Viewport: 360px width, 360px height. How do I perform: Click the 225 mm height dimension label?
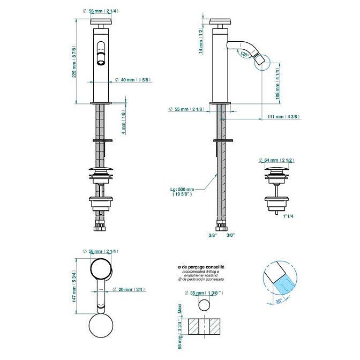tap(74, 62)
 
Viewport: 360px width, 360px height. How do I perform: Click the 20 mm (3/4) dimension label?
tap(129, 290)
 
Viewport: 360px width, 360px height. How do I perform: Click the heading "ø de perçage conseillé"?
tap(200, 267)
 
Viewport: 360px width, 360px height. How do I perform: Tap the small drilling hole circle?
tap(204, 305)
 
